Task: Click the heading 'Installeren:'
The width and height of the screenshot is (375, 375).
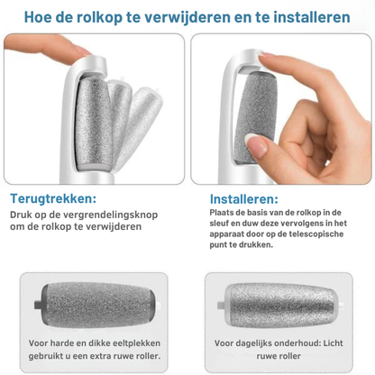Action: pyautogui.click(x=243, y=198)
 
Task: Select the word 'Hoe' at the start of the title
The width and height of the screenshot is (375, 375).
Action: pyautogui.click(x=35, y=17)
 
